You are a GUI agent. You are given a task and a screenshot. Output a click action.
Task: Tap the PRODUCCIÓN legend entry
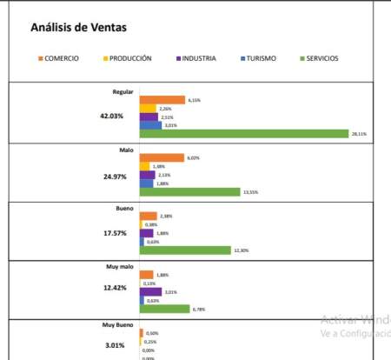click(x=129, y=59)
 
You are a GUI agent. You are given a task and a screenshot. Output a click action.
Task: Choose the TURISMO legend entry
click(x=260, y=59)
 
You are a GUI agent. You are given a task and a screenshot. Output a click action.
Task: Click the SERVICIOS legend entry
click(x=318, y=59)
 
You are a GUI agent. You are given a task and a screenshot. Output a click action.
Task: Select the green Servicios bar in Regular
click(x=243, y=134)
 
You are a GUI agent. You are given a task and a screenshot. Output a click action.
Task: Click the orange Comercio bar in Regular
click(x=162, y=100)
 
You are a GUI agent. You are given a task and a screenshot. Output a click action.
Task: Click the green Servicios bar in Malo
click(x=189, y=192)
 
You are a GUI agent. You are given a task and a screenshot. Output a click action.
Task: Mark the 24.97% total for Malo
click(x=113, y=177)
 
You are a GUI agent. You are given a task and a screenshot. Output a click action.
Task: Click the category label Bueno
click(x=123, y=209)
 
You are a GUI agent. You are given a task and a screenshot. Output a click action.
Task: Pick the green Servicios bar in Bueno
click(x=183, y=250)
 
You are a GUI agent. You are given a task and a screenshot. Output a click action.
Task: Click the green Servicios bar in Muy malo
click(x=164, y=309)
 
